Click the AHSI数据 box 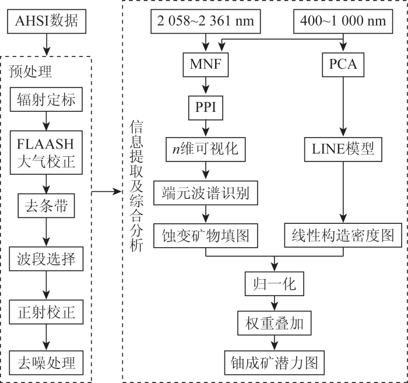47,22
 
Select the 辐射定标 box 46,99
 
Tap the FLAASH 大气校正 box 46,153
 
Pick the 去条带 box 46,206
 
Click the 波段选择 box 46,259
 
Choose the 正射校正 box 46,312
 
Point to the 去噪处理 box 46,363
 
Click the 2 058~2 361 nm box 206,22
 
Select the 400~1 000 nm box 343,22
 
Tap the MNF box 206,65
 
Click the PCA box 343,65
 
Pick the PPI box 206,108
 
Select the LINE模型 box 343,149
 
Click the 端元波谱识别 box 206,193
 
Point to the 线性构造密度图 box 343,235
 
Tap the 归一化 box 275,284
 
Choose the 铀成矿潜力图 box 275,363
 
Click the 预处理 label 30,71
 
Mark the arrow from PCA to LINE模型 343,107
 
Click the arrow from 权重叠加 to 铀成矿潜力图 275,343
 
